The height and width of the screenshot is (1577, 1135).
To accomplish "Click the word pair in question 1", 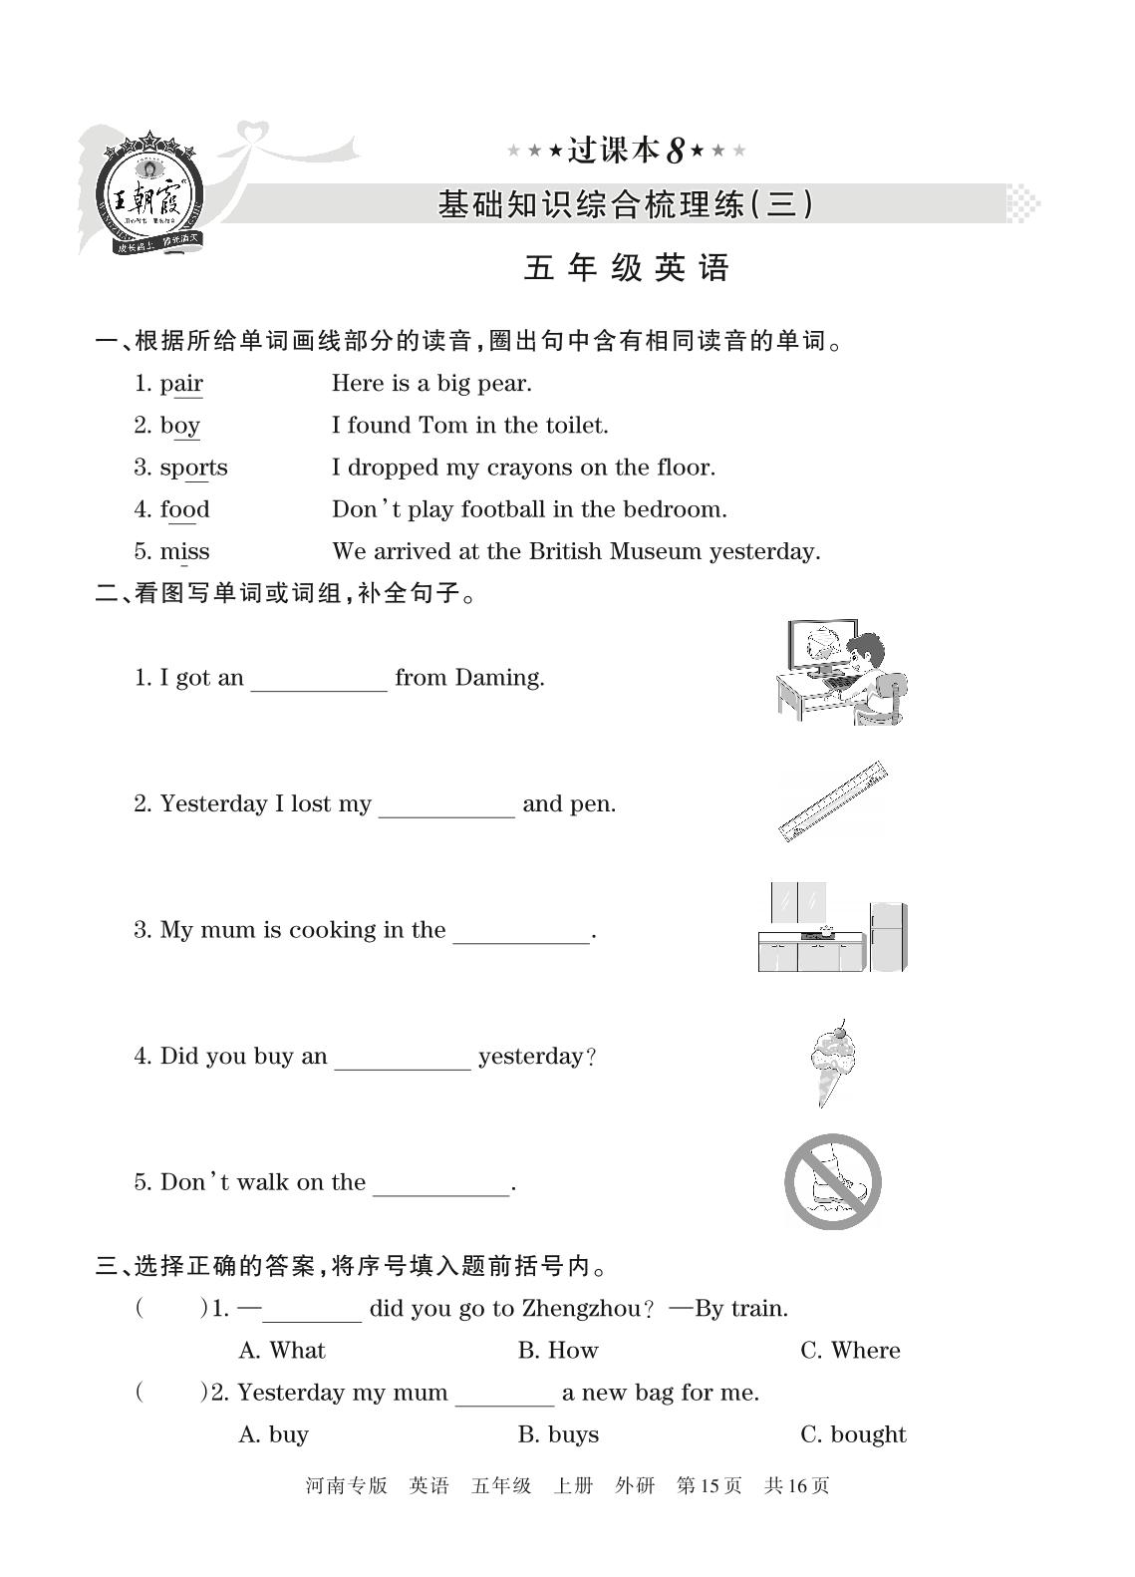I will pyautogui.click(x=181, y=384).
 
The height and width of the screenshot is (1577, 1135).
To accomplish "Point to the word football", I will pyautogui.click(x=502, y=509).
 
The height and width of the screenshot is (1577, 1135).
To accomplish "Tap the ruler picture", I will pyautogui.click(x=833, y=801).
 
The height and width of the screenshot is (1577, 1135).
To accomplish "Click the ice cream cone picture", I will pyautogui.click(x=833, y=1061).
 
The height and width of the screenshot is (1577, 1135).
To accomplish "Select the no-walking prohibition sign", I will pyautogui.click(x=833, y=1182).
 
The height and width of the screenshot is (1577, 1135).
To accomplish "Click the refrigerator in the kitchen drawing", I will pyautogui.click(x=888, y=935).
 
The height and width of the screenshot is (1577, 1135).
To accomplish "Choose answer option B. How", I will pyautogui.click(x=558, y=1351).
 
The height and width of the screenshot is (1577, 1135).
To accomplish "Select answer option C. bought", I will pyautogui.click(x=853, y=1434).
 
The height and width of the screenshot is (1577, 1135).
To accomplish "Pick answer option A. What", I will pyautogui.click(x=282, y=1351).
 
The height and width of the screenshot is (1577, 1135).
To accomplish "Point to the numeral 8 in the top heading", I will pyautogui.click(x=675, y=152).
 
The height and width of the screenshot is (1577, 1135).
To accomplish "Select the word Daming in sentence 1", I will pyautogui.click(x=498, y=678).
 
